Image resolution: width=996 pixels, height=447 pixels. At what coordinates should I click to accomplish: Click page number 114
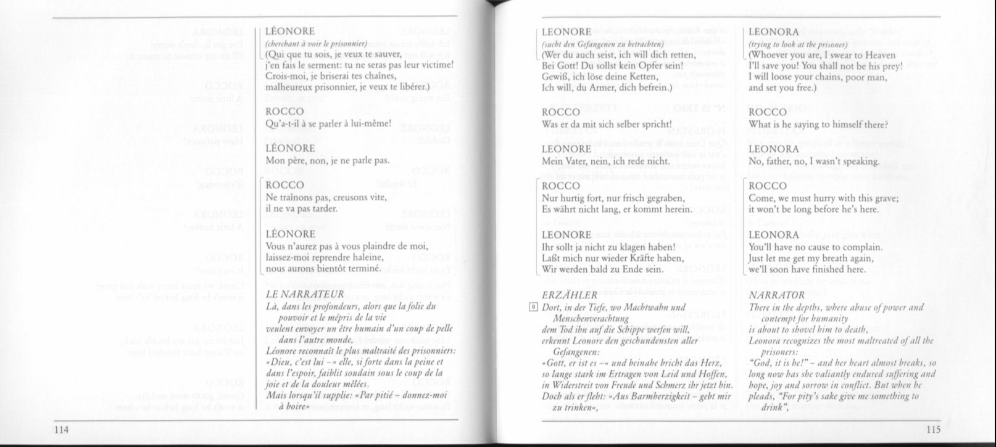pyautogui.click(x=60, y=429)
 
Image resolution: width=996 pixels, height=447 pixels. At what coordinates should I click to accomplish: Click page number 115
pyautogui.click(x=934, y=429)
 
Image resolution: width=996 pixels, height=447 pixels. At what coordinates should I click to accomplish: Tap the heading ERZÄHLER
pyautogui.click(x=569, y=295)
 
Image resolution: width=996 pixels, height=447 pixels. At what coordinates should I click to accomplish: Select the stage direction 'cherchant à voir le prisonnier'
pyautogui.click(x=316, y=43)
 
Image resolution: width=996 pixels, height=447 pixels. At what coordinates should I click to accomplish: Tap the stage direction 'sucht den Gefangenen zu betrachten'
pyautogui.click(x=602, y=44)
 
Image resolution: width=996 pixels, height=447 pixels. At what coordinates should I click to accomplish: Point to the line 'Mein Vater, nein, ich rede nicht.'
pyautogui.click(x=605, y=162)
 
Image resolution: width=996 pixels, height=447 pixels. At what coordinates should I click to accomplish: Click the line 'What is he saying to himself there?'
pyautogui.click(x=818, y=125)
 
